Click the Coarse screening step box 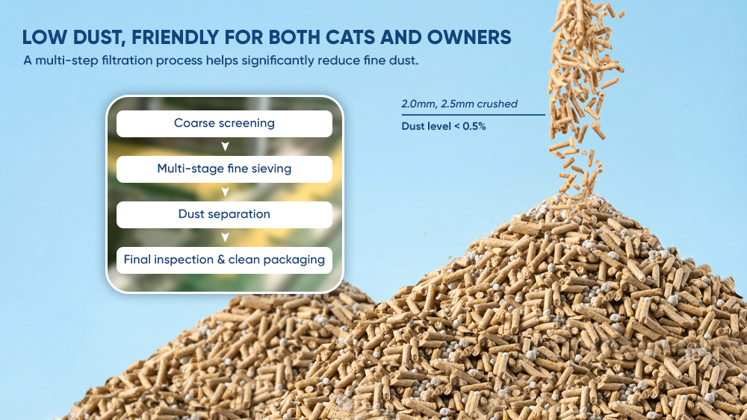click(224, 124)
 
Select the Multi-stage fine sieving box click(224, 169)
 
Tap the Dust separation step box click(224, 215)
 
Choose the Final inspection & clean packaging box click(224, 260)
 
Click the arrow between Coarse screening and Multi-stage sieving click(226, 146)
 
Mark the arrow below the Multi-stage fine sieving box click(226, 192)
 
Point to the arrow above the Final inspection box click(226, 237)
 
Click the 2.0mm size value click(418, 104)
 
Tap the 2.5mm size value click(458, 104)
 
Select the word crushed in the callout click(498, 104)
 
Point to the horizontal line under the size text click(473, 115)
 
